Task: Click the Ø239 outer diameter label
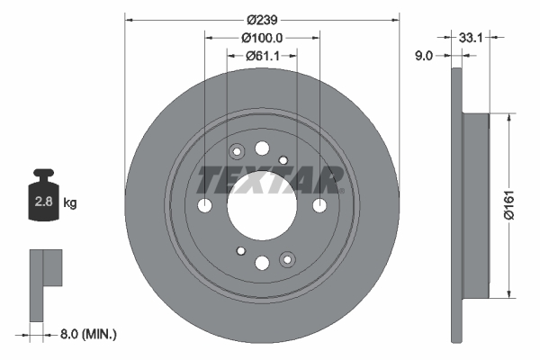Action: pyautogui.click(x=262, y=19)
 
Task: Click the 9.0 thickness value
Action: pyautogui.click(x=425, y=55)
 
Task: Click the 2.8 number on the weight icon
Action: pyautogui.click(x=43, y=202)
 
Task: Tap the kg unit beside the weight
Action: pyautogui.click(x=70, y=203)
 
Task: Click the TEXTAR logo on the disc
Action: pyautogui.click(x=269, y=179)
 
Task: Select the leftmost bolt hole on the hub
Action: pyautogui.click(x=205, y=206)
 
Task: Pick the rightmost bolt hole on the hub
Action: pyautogui.click(x=319, y=206)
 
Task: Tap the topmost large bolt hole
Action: pyautogui.click(x=262, y=148)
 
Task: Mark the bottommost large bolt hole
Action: pyautogui.click(x=262, y=263)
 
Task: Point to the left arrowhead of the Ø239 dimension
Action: pyautogui.click(x=129, y=19)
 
